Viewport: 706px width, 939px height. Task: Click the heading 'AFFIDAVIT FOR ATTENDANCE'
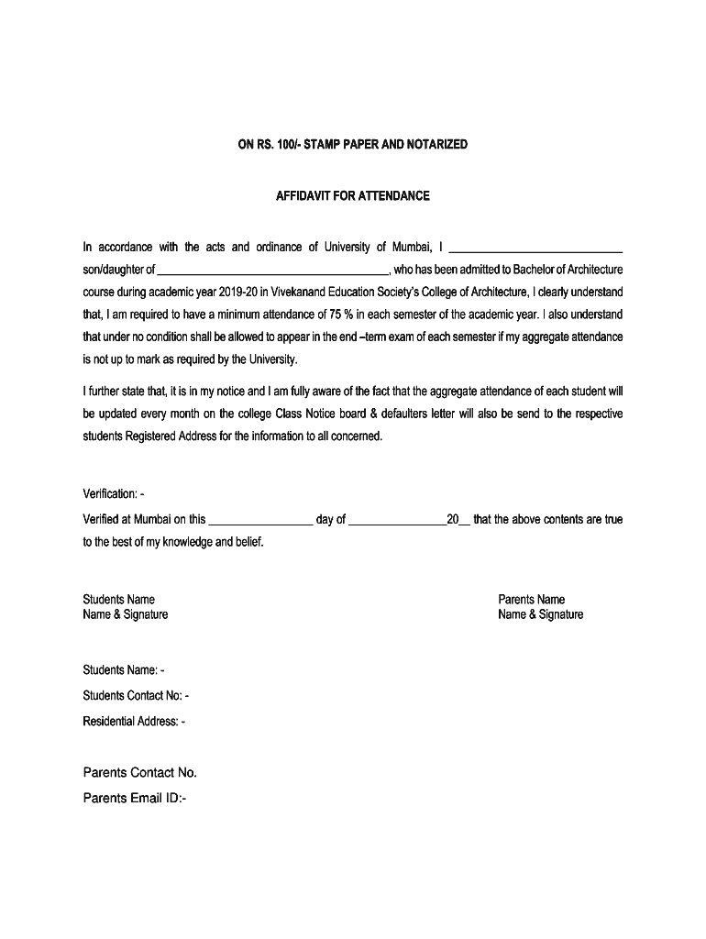[x=352, y=196]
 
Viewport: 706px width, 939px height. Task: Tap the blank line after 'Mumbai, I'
[x=537, y=249]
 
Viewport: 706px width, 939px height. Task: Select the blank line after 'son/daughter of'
[x=274, y=271]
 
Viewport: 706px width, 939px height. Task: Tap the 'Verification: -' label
[x=114, y=495]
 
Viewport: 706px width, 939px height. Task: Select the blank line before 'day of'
[x=260, y=521]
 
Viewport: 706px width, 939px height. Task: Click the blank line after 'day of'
[x=397, y=521]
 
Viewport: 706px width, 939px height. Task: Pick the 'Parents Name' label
[x=531, y=600]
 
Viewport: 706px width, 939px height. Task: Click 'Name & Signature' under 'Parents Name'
[x=540, y=614]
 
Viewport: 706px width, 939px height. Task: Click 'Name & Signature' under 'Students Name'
[x=125, y=614]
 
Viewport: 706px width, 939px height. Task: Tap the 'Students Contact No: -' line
[x=136, y=696]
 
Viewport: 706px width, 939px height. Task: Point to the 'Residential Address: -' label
[x=134, y=722]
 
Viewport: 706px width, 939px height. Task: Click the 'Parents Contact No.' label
[x=139, y=772]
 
